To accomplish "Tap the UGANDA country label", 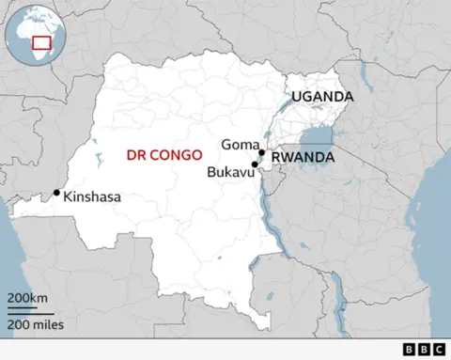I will [x=321, y=97].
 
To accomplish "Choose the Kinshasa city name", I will [x=93, y=197].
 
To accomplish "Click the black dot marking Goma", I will [x=261, y=152].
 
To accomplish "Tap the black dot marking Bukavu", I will [x=255, y=164].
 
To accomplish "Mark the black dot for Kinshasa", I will [x=57, y=193].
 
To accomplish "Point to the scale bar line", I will [x=28, y=310].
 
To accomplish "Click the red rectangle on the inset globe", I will [x=41, y=42].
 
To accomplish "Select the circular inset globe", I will [x=32, y=34].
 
